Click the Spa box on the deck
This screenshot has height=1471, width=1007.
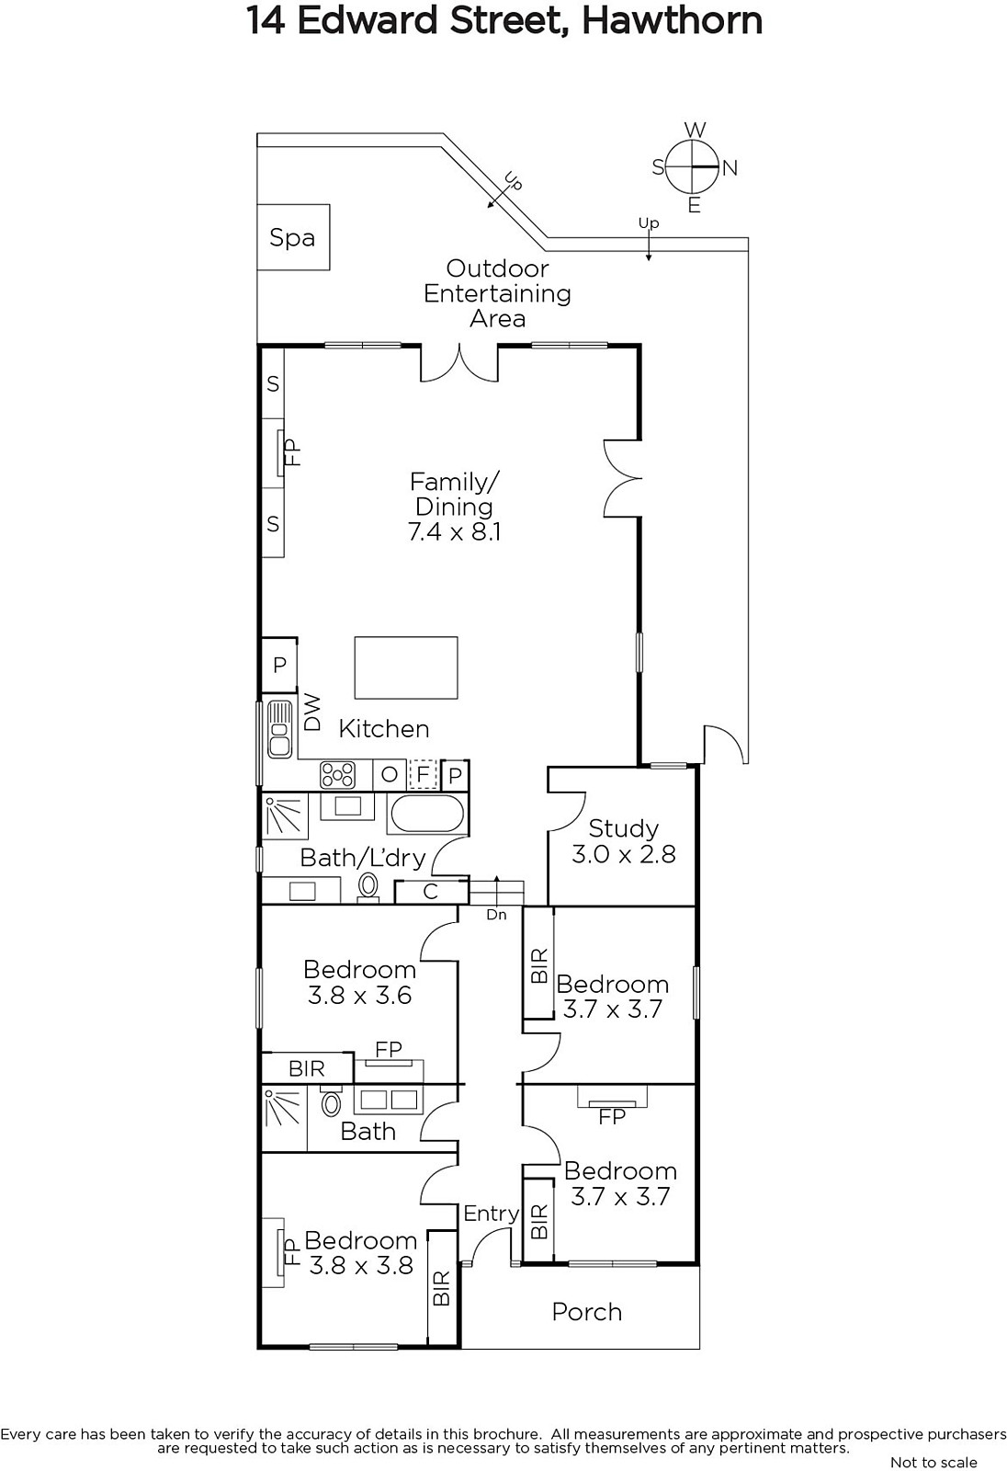pos(292,237)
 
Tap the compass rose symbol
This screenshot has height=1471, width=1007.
pos(694,167)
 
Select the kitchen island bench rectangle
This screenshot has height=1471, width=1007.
pos(406,667)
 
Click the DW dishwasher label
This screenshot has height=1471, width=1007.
pos(312,712)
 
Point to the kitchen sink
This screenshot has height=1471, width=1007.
pos(278,730)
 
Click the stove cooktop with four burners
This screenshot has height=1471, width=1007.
pos(337,775)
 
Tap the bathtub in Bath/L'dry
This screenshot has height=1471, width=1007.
pos(427,814)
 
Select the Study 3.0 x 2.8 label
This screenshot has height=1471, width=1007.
pos(623,841)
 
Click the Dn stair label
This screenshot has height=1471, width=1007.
pos(496,915)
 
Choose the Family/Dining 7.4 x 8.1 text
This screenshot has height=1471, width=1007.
pos(454,507)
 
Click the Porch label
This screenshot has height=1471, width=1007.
pos(586,1312)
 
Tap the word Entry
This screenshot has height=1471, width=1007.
pos(491,1214)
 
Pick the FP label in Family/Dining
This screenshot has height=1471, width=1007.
pos(292,452)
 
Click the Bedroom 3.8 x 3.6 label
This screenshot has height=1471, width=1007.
pos(359,982)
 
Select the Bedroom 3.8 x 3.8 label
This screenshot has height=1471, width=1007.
pos(360,1253)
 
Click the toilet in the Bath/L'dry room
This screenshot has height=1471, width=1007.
pos(368,885)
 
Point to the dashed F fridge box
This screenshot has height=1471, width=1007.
pos(423,774)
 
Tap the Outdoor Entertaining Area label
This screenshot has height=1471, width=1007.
pos(497,293)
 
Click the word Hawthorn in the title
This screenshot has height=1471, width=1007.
pos(673,20)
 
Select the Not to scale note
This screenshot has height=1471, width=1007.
pos(933,1462)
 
